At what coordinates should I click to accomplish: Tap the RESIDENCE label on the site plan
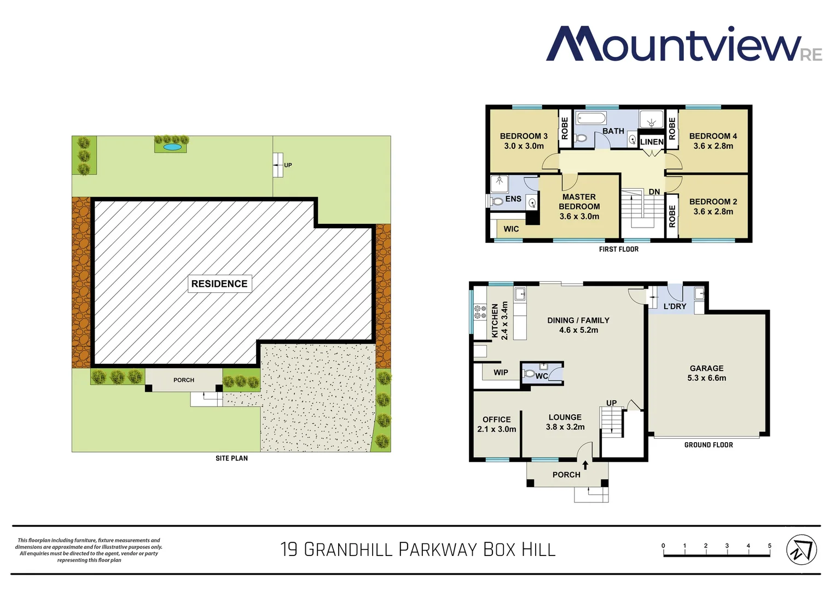click(x=219, y=283)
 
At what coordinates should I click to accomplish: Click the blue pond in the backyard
click(x=171, y=147)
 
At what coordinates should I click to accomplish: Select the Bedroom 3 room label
click(x=524, y=136)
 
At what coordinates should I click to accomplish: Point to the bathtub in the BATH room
click(x=591, y=119)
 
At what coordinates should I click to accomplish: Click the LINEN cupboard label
click(x=652, y=142)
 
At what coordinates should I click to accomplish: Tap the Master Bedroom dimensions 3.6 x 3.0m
click(x=579, y=216)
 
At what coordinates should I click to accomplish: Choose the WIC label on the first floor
click(x=511, y=229)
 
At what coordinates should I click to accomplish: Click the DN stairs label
click(x=654, y=192)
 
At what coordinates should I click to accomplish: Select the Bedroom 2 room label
click(x=713, y=201)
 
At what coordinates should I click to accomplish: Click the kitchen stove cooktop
click(x=480, y=312)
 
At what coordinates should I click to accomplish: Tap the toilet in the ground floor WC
click(x=529, y=374)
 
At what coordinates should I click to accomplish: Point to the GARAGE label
click(x=706, y=368)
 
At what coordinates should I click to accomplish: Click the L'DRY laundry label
click(x=675, y=306)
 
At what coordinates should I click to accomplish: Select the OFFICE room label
click(x=496, y=419)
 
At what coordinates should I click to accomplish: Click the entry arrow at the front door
click(x=585, y=465)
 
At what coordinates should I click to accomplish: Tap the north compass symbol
click(x=801, y=549)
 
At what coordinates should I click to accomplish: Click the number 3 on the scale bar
click(x=727, y=546)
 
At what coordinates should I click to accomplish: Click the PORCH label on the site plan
click(x=184, y=380)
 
